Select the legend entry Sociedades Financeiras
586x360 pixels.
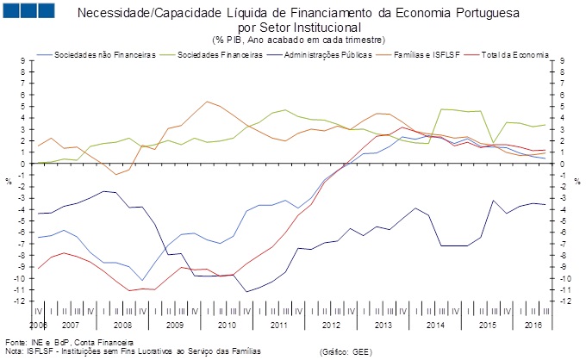pos(220,54)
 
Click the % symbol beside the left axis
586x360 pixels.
pos(8,181)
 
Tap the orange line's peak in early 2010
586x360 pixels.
pos(207,102)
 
